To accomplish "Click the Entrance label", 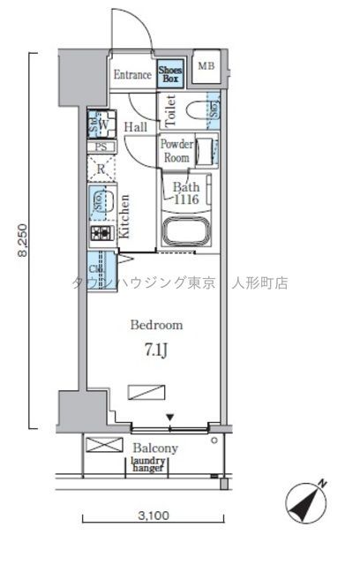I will (132, 75).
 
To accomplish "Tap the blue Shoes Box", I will (170, 73).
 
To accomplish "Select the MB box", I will (206, 66).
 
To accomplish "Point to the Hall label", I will (135, 127).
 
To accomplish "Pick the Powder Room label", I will (176, 151).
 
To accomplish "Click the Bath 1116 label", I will (186, 193).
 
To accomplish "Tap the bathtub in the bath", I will (186, 233).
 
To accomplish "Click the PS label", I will (101, 148).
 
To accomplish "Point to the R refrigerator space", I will (102, 169).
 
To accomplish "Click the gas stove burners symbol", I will (101, 234).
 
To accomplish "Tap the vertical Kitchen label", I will (125, 216).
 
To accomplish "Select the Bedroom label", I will (156, 324).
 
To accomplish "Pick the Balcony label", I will (155, 448).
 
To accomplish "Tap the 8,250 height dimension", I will (19, 239).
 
